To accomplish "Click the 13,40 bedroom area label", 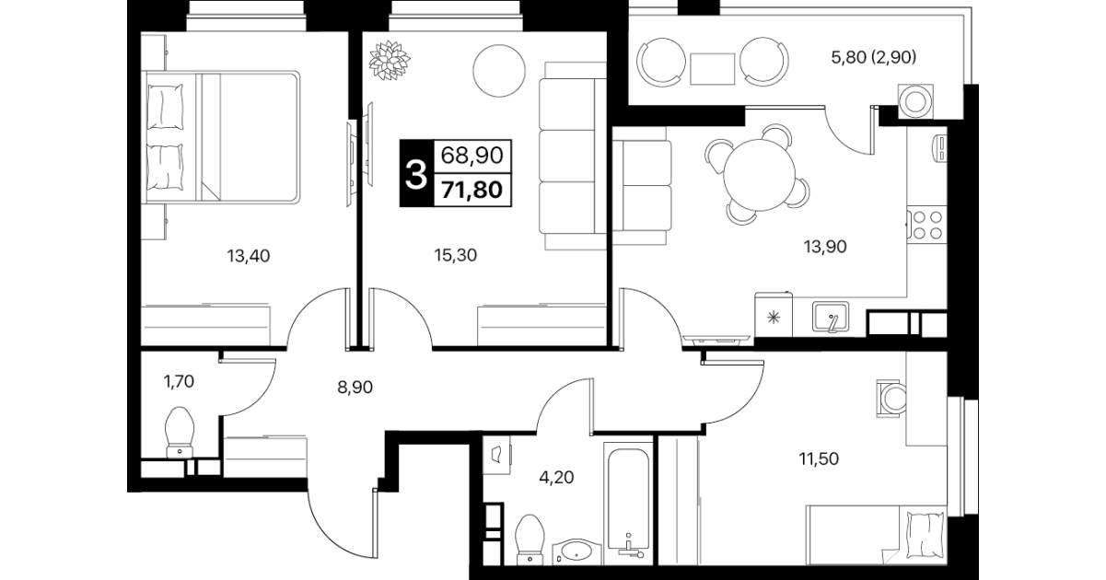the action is tap(249, 256).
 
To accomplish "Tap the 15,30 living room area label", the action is tap(455, 255).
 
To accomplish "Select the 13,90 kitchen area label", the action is tap(825, 246).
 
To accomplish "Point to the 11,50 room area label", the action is tap(819, 458).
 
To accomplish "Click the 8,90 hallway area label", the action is tap(355, 387).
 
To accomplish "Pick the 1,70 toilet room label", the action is tap(179, 381).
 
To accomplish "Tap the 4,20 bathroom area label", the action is tap(556, 477).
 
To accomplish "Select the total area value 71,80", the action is tap(472, 190).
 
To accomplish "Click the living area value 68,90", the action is tap(472, 155).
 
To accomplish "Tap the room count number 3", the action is tap(415, 174).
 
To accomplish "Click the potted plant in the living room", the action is tap(390, 60).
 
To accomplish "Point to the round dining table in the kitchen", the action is tap(760, 175).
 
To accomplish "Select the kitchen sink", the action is tap(831, 317).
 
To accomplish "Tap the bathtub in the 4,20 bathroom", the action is tap(628, 502).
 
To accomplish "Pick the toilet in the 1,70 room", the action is tap(180, 432).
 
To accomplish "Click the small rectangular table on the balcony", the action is tap(712, 69).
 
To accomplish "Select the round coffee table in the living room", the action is tap(499, 71).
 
